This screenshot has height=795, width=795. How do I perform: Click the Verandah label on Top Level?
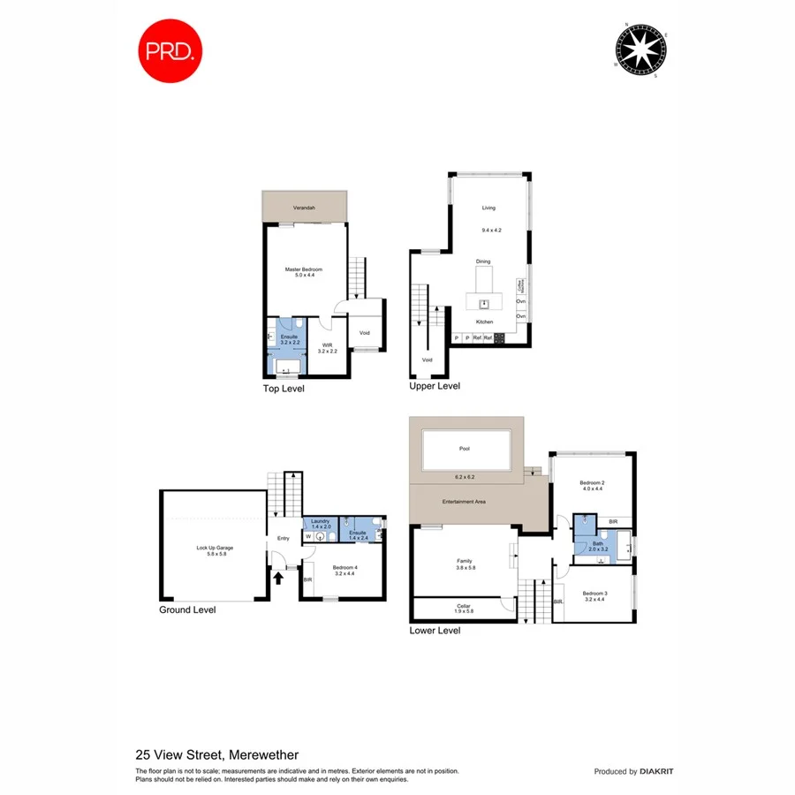click(305, 208)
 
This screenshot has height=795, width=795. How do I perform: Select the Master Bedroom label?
click(304, 269)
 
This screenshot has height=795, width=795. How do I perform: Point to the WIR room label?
click(327, 345)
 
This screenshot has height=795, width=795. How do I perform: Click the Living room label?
click(488, 208)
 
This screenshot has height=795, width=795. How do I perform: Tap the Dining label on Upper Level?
click(483, 261)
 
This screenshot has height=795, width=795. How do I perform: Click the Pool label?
click(465, 449)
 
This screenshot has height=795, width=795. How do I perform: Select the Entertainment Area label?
click(465, 502)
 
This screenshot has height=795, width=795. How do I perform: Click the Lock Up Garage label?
click(213, 548)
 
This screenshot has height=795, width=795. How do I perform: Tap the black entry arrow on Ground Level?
click(279, 579)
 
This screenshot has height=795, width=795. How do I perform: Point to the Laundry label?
click(320, 521)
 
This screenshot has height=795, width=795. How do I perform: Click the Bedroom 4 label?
click(345, 568)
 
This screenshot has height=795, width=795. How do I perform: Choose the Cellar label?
click(464, 605)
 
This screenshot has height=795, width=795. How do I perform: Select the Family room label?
click(464, 561)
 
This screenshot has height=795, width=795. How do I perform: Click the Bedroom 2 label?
click(592, 482)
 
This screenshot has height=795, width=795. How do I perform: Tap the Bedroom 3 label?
click(594, 593)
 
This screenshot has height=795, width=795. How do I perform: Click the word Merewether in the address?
click(263, 755)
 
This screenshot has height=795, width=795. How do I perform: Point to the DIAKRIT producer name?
click(655, 772)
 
